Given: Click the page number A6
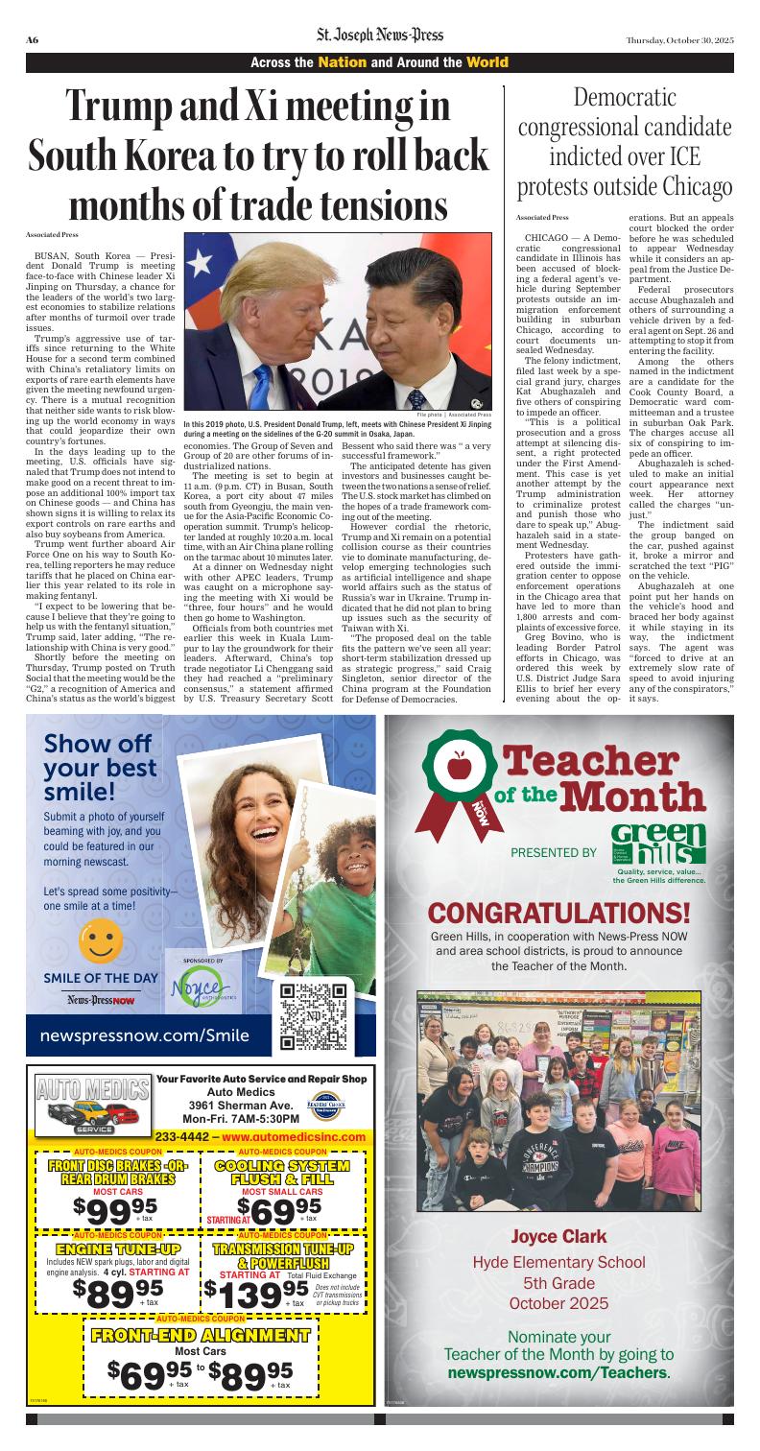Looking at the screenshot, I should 32,39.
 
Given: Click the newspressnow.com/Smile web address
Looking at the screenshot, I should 145,1035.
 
